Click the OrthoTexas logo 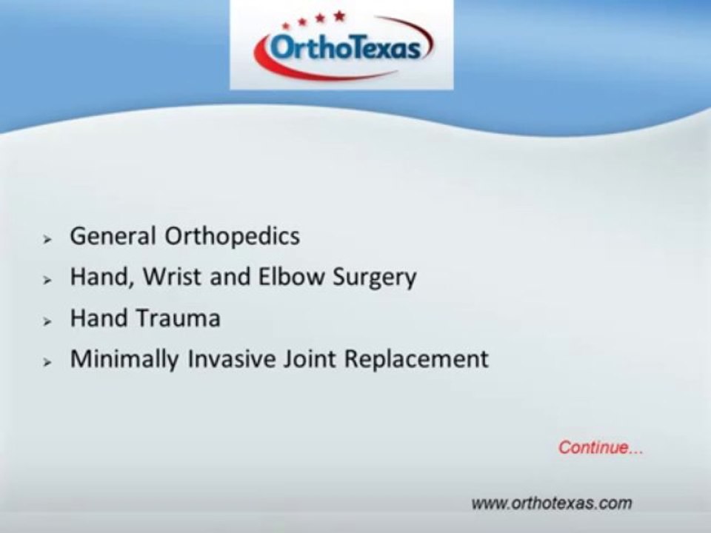(342, 46)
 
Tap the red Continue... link (600, 448)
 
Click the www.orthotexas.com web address (552, 503)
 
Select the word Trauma (178, 318)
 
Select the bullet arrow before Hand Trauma (47, 321)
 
